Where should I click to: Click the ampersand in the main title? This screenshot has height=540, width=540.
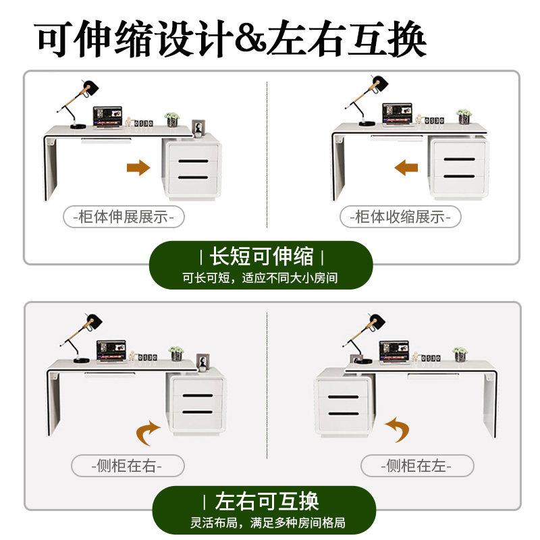[250, 38]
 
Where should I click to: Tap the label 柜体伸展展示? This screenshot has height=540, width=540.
[124, 217]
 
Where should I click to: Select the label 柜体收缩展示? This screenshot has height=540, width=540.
[400, 217]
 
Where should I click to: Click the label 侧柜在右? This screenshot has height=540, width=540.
[127, 466]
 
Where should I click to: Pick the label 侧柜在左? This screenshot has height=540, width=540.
[416, 466]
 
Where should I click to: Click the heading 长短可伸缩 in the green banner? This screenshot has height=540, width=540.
[261, 256]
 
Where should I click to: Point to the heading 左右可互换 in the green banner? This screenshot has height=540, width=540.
[266, 501]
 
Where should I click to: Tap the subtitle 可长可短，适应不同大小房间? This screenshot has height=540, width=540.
[261, 277]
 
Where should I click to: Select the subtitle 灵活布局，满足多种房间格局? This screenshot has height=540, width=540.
[268, 522]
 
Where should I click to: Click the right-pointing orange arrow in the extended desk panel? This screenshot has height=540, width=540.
[138, 167]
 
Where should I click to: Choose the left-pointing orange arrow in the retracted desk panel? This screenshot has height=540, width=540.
[406, 167]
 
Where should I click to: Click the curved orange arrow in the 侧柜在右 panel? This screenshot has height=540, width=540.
[147, 433]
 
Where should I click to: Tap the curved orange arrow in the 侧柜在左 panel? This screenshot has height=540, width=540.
[398, 429]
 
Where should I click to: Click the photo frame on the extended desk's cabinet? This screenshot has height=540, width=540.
[198, 128]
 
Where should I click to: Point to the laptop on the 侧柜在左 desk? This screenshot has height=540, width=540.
[394, 352]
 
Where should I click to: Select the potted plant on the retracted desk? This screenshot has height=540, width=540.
[464, 116]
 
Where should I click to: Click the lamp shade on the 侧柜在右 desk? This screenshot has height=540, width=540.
[94, 322]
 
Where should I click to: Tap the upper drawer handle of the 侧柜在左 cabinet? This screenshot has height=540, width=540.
[343, 397]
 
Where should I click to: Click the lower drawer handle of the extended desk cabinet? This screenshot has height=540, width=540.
[193, 178]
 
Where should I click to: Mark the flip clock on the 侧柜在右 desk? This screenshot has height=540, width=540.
[148, 358]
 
